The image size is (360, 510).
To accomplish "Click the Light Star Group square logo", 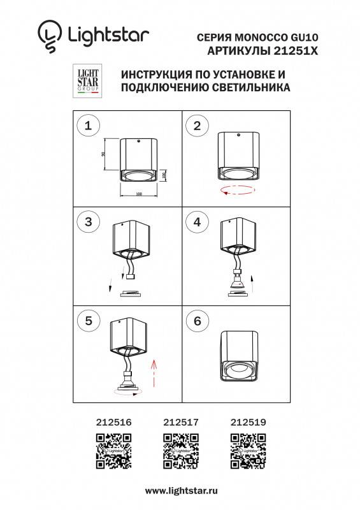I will pyautogui.click(x=88, y=81).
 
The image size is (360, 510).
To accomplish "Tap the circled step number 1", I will pyautogui.click(x=89, y=126).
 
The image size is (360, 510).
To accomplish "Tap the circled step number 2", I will pyautogui.click(x=197, y=126).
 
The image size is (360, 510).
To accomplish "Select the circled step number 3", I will pyautogui.click(x=89, y=222).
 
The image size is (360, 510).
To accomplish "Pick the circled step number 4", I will pyautogui.click(x=197, y=222).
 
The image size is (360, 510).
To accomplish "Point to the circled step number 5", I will pyautogui.click(x=89, y=321).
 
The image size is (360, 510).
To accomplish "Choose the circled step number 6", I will pyautogui.click(x=197, y=321).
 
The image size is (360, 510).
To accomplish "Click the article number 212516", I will pyautogui.click(x=113, y=421).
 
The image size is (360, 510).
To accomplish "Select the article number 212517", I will pyautogui.click(x=180, y=421).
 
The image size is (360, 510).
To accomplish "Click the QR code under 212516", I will pyautogui.click(x=113, y=451).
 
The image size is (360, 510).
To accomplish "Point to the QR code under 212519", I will pyautogui.click(x=248, y=451).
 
